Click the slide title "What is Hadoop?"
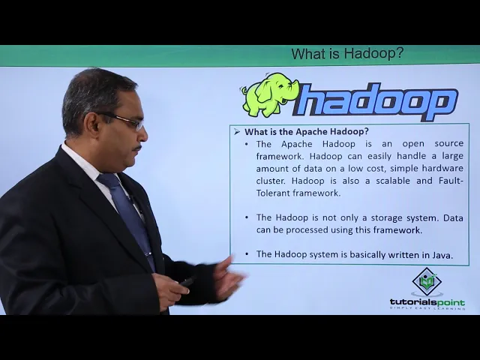pos(347,54)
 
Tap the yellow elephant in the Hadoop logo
pos(266,95)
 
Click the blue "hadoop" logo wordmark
pos(375,102)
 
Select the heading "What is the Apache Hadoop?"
pos(307,131)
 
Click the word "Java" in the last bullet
pos(442,255)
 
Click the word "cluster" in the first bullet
pos(271,181)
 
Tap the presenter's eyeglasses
pos(127,121)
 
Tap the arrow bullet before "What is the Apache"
pos(237,132)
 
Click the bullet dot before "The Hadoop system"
pos(247,255)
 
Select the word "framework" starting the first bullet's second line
pos(279,156)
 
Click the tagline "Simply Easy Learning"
pos(427,308)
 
